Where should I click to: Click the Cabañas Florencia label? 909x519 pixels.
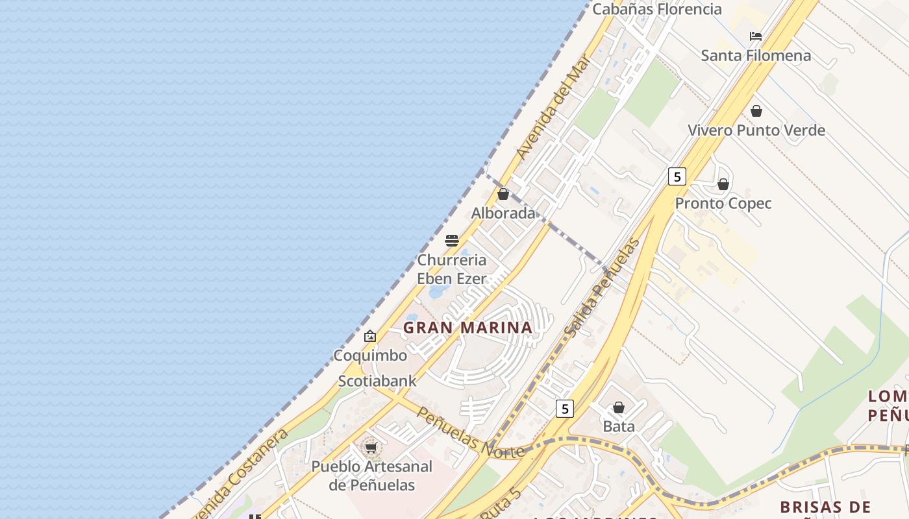click(x=657, y=9)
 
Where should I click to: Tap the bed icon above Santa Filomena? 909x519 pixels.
click(x=756, y=36)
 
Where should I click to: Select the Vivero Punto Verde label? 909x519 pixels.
click(x=756, y=130)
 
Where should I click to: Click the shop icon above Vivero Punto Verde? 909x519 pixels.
click(x=756, y=111)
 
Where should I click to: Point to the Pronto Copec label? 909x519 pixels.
click(x=723, y=204)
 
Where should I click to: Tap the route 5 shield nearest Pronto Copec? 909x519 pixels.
click(x=677, y=176)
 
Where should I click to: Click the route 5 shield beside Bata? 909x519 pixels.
click(x=565, y=409)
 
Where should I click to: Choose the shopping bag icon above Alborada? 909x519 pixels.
click(x=503, y=194)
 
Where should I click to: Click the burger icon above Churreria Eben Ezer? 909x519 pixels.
click(x=452, y=241)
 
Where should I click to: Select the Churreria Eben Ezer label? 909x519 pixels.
click(x=452, y=269)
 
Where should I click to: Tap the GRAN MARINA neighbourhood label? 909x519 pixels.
click(x=468, y=328)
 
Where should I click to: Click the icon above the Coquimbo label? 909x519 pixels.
click(x=370, y=336)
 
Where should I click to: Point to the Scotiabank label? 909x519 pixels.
click(x=377, y=381)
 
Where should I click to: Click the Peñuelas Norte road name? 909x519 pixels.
click(x=470, y=432)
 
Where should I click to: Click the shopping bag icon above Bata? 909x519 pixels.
click(x=619, y=407)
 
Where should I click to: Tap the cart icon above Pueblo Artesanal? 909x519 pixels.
click(x=371, y=448)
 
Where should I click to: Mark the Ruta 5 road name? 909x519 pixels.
click(x=503, y=502)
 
